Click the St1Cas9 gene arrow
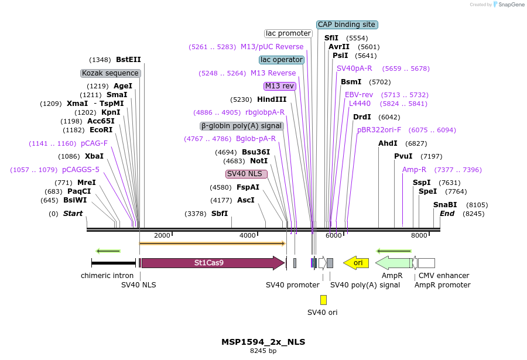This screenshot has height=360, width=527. tap(212, 263)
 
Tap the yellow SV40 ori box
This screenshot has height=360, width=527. tap(323, 300)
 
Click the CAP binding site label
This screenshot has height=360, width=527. tap(347, 25)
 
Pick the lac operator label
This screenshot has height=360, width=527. tap(282, 60)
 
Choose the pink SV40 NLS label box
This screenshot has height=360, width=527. tap(247, 174)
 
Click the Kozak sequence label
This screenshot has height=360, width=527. tap(111, 73)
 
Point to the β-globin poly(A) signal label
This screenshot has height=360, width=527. tap(242, 126)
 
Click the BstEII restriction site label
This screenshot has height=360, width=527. tap(128, 60)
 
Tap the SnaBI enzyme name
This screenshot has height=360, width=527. tap(445, 205)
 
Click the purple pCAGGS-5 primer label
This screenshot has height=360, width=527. tap(81, 170)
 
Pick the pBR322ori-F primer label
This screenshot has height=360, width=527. tap(379, 130)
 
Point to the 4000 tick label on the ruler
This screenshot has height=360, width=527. tap(248, 235)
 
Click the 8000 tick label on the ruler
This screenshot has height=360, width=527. tap(419, 235)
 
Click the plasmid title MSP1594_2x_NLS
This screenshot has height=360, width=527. tap(263, 342)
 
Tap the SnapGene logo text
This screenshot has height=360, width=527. tap(509, 5)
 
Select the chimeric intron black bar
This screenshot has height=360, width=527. tap(114, 263)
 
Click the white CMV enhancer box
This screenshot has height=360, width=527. tap(426, 263)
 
